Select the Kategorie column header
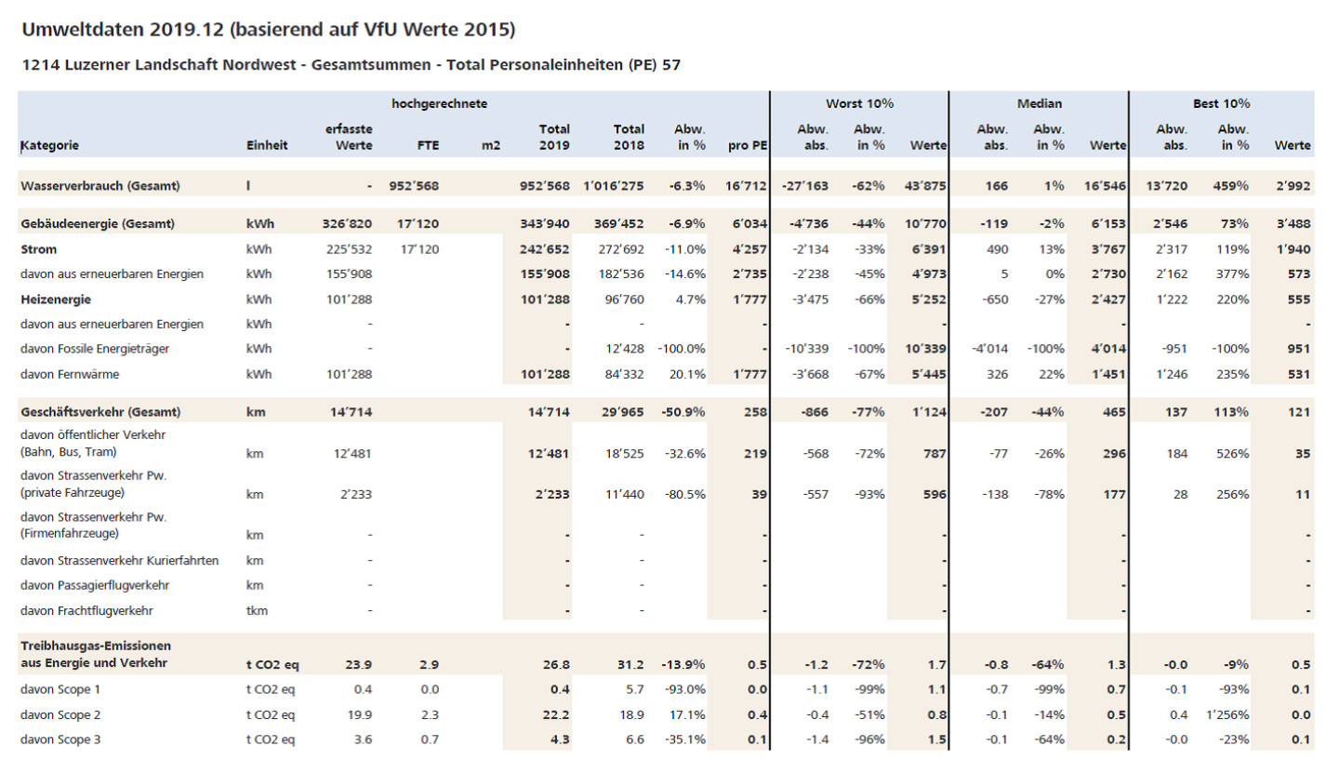click(x=49, y=145)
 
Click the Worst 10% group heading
click(x=859, y=103)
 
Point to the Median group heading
click(x=1039, y=103)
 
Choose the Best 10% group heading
click(x=1221, y=103)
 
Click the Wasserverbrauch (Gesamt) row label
click(x=99, y=186)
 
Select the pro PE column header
click(x=746, y=145)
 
